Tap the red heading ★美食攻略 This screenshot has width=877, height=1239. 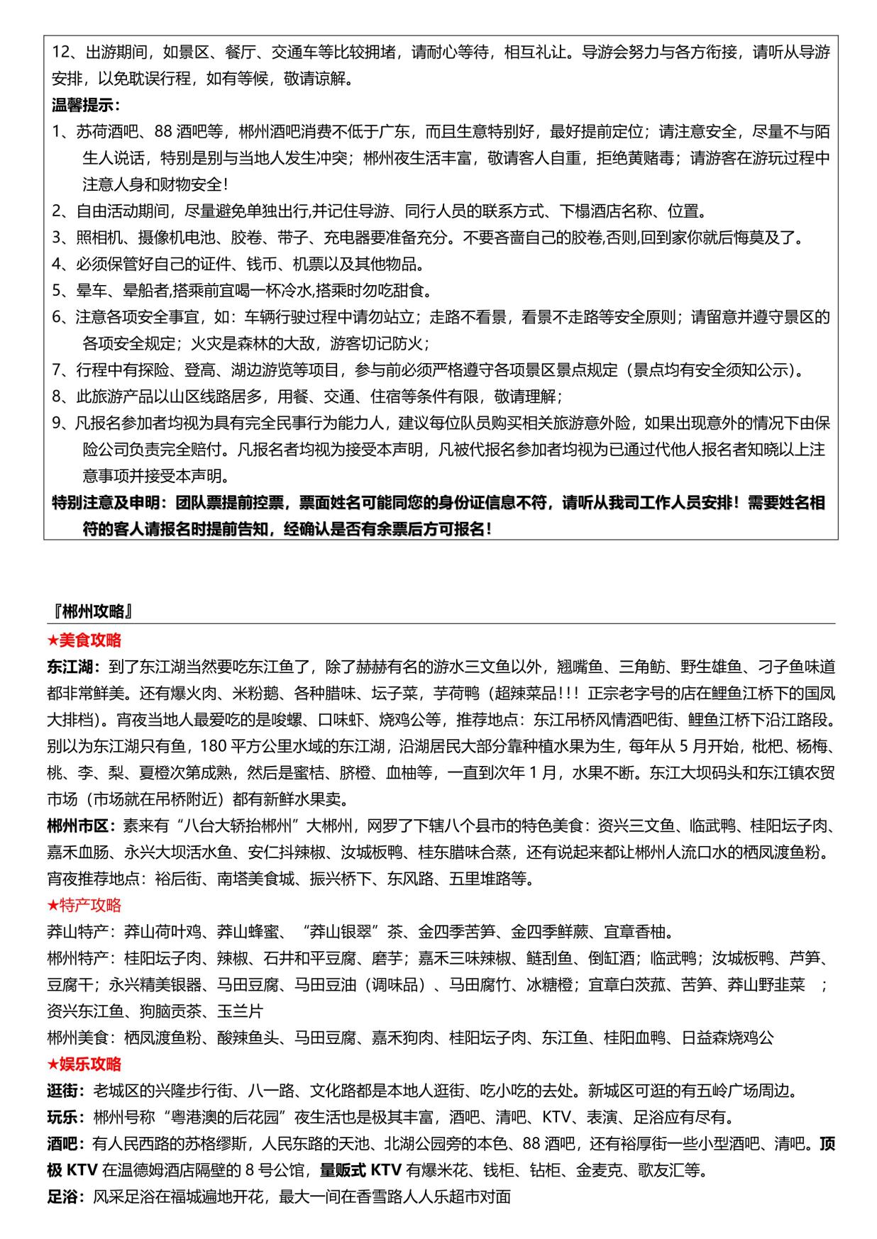(84, 640)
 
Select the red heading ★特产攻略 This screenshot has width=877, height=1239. (84, 905)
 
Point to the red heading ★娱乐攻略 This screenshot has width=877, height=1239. (84, 1064)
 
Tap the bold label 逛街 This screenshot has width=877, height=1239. (64, 1091)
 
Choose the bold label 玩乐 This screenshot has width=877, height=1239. (64, 1117)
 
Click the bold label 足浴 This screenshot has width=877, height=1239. (64, 1196)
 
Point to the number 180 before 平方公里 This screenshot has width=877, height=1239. (213, 746)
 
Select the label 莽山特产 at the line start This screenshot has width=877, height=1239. (77, 931)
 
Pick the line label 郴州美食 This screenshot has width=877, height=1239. (77, 1038)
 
